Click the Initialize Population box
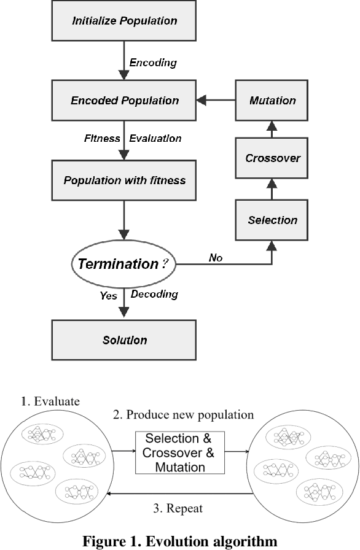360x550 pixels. pyautogui.click(x=124, y=21)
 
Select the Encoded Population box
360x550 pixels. pyautogui.click(x=124, y=101)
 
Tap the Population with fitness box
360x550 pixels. pyautogui.click(x=124, y=180)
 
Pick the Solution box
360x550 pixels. pyautogui.click(x=124, y=339)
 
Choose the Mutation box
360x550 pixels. pyautogui.click(x=272, y=101)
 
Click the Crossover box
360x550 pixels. pyautogui.click(x=272, y=158)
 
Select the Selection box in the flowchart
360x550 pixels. pyautogui.click(x=272, y=220)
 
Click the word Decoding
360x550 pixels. pyautogui.click(x=154, y=294)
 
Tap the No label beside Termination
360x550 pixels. pyautogui.click(x=216, y=258)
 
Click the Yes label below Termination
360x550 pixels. pyautogui.click(x=109, y=295)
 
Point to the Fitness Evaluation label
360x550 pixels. pyautogui.click(x=133, y=139)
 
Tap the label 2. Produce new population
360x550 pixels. pyautogui.click(x=182, y=415)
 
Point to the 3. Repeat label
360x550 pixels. pyautogui.click(x=177, y=508)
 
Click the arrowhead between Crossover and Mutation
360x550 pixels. pyautogui.click(x=272, y=126)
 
